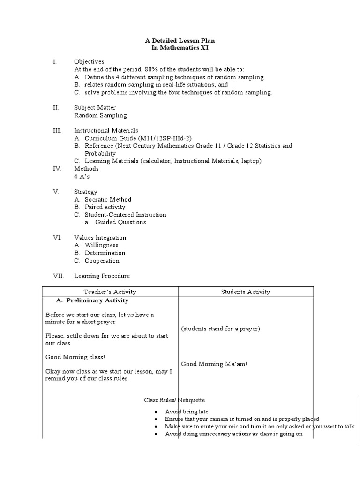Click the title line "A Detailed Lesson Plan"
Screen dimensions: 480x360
click(x=180, y=41)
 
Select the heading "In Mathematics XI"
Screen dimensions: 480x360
click(x=180, y=48)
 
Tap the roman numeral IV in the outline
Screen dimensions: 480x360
click(x=56, y=169)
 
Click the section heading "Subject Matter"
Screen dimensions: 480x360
click(x=95, y=108)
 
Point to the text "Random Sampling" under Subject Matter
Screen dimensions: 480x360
click(x=100, y=115)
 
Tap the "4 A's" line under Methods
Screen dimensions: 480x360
click(x=82, y=177)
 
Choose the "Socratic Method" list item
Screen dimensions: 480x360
click(x=108, y=199)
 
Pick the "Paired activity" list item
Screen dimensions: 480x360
click(x=105, y=207)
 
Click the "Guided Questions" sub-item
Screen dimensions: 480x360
click(x=120, y=222)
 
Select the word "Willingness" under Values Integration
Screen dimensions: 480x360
click(x=101, y=245)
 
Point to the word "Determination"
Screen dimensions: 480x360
click(x=105, y=253)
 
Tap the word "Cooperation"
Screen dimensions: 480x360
click(x=102, y=261)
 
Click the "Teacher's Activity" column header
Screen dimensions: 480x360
click(x=110, y=292)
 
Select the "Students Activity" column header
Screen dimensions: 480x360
click(x=246, y=292)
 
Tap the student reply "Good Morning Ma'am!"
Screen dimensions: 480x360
click(x=214, y=364)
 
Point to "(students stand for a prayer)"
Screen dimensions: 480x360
click(x=220, y=329)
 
